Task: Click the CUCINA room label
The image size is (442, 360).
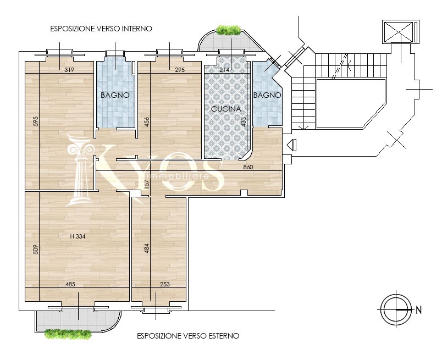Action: pyautogui.click(x=226, y=109)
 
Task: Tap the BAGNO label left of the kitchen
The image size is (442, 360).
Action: pyautogui.click(x=115, y=95)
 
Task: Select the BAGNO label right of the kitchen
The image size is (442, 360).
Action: pyautogui.click(x=267, y=95)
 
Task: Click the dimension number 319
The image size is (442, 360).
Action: pyautogui.click(x=69, y=70)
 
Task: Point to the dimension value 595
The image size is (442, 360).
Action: pyautogui.click(x=36, y=121)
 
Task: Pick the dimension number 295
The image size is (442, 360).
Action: pyautogui.click(x=180, y=70)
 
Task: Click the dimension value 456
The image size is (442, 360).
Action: pyautogui.click(x=147, y=122)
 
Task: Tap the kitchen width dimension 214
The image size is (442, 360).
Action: pyautogui.click(x=224, y=70)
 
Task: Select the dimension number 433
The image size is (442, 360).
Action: pyautogui.click(x=244, y=122)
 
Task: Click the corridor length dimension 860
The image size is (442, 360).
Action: pyautogui.click(x=248, y=167)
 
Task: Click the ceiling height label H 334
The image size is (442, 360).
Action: pyautogui.click(x=78, y=236)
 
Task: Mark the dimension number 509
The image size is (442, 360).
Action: pyautogui.click(x=36, y=249)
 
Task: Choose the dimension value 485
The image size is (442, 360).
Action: pyautogui.click(x=70, y=284)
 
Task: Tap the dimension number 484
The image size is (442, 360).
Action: pyautogui.click(x=147, y=248)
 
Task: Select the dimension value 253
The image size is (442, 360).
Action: pyautogui.click(x=165, y=284)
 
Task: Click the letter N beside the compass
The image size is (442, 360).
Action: pyautogui.click(x=419, y=310)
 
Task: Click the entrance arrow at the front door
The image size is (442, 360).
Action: pyautogui.click(x=292, y=145)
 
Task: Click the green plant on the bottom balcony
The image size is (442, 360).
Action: pyautogui.click(x=68, y=334)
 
